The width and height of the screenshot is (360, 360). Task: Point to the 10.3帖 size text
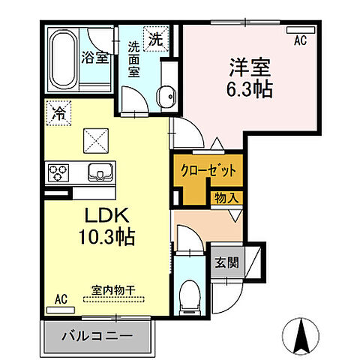pos(104,239)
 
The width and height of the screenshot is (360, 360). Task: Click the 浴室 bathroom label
pos(97,57)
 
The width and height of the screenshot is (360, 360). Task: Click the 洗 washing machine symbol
pos(156,39)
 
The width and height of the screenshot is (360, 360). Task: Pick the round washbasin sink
pos(166,94)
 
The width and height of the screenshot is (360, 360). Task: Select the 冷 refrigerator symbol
pos(58,114)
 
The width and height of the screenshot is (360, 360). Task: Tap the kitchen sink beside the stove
pos(97,172)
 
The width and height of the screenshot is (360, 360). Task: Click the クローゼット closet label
pos(208,170)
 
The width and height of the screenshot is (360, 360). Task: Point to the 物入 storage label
pos(227,197)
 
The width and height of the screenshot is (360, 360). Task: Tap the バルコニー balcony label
pos(100,336)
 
